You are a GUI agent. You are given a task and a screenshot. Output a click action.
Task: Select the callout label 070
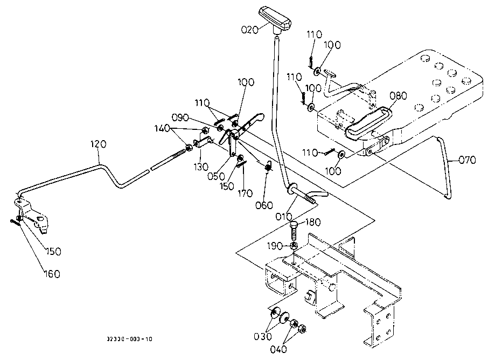pos(468,160)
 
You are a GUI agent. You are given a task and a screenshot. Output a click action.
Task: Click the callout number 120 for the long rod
pos(99,144)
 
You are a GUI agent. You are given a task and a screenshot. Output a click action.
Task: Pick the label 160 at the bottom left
pos(52,274)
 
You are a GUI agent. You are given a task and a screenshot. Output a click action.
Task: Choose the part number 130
pos(201,167)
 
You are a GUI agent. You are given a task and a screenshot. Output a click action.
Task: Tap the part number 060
pos(264,205)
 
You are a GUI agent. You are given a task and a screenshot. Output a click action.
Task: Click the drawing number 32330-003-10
pos(129,340)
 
